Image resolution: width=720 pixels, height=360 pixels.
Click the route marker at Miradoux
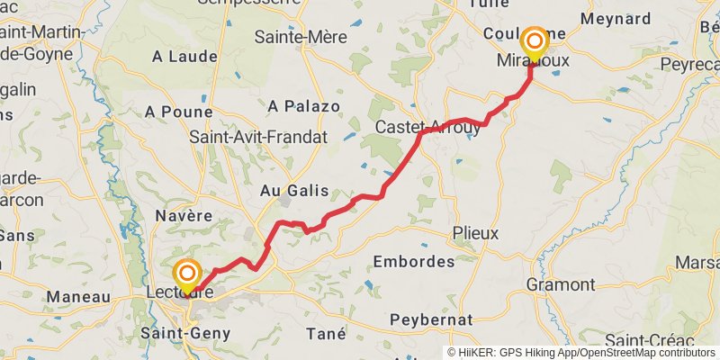point(535,41)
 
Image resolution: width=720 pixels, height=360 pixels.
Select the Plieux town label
point(476,232)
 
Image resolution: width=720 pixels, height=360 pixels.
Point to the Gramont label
point(562,284)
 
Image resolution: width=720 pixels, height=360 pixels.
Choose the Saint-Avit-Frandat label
point(259,137)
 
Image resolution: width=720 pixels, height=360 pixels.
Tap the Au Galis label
point(294,190)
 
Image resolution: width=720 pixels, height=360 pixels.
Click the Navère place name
point(183,216)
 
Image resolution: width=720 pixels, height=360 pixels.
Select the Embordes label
point(414,262)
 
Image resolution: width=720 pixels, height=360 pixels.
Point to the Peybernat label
point(431,319)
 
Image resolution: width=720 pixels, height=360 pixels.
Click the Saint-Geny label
point(185,333)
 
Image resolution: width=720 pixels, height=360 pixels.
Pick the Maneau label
point(78,296)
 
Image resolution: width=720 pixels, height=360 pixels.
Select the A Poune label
point(179,112)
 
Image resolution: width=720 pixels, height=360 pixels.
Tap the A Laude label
point(184,57)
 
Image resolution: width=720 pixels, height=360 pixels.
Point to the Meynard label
point(616,19)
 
